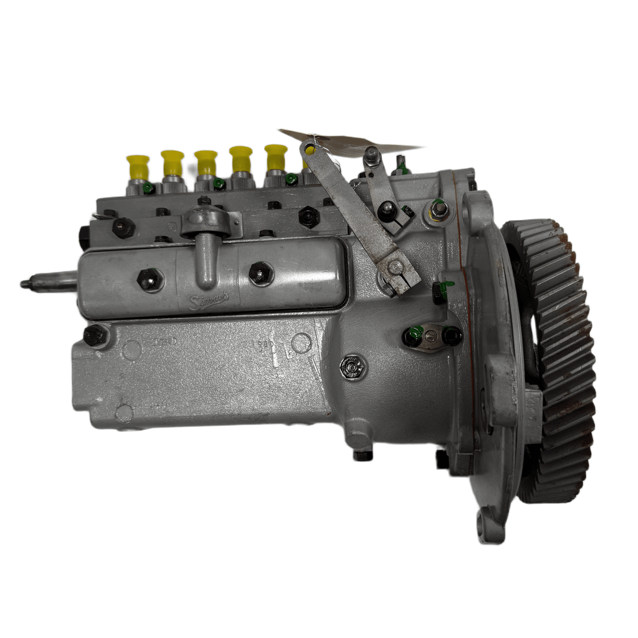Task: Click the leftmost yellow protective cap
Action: click(137, 166)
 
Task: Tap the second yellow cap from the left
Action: click(172, 162)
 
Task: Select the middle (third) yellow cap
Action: click(206, 162)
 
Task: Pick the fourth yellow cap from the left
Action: click(240, 158)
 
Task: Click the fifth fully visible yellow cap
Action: click(275, 157)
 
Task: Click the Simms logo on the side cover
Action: click(209, 301)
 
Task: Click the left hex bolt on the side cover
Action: click(150, 280)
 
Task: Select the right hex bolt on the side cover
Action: click(261, 274)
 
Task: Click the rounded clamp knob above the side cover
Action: click(206, 221)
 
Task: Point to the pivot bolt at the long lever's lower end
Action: click(396, 268)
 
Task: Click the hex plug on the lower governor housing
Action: click(354, 368)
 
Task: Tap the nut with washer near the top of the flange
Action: click(439, 209)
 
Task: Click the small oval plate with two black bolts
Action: click(432, 337)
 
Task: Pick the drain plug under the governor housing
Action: click(363, 454)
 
